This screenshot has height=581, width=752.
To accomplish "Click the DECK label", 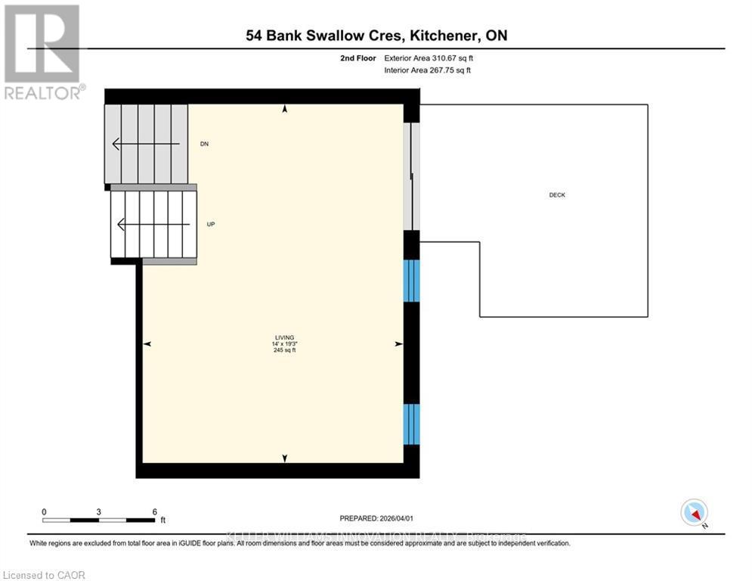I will (x=557, y=195).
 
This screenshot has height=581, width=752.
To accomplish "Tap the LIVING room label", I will (x=284, y=337).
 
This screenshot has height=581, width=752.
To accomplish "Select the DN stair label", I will (x=204, y=144).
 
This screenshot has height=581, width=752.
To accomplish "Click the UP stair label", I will (x=211, y=224).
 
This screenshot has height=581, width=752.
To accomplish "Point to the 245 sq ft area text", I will (x=284, y=350).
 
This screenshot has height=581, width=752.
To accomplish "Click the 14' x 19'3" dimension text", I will (x=284, y=344).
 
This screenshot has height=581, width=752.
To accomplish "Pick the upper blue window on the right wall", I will (x=411, y=281).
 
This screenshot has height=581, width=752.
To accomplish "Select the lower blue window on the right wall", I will (x=411, y=424).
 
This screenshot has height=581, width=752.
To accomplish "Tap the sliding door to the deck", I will (x=411, y=176).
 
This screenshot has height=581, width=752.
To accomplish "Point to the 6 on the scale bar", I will (x=154, y=511).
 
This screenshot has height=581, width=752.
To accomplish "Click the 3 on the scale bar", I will (x=99, y=511).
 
